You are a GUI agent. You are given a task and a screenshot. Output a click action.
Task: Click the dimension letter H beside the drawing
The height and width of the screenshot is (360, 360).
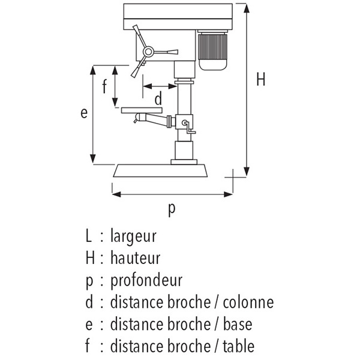(x=260, y=79)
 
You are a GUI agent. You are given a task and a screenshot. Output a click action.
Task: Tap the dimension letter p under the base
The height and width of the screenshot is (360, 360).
(x=172, y=209)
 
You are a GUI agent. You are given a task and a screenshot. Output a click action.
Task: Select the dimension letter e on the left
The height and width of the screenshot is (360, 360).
(x=84, y=113)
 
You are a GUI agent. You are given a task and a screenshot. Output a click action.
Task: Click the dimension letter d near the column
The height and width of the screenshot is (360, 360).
(x=158, y=98)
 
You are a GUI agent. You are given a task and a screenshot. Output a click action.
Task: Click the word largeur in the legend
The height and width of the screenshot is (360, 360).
(x=133, y=236)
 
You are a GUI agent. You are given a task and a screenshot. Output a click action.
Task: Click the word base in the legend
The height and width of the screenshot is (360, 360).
(x=238, y=324)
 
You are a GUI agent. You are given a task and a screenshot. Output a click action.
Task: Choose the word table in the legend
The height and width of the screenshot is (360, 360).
(x=239, y=346)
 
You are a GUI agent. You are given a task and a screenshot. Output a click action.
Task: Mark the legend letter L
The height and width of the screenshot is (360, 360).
(x=89, y=236)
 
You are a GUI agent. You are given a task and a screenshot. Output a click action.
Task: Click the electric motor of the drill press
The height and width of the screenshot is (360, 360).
(x=212, y=51)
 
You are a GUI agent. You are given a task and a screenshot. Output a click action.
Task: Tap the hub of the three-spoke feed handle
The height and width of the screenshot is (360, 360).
(x=148, y=53)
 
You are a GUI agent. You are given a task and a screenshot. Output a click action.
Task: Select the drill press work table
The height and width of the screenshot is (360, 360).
(x=142, y=110)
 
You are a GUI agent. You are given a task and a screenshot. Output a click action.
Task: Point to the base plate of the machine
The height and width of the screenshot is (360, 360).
(x=160, y=171)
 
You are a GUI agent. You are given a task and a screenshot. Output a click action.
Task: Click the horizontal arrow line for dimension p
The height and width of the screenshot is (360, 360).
(x=172, y=194)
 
